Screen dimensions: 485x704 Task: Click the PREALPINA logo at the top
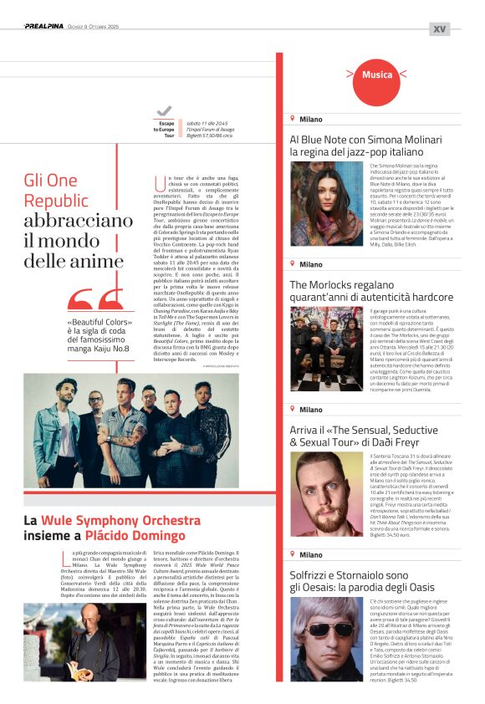coord(46,27)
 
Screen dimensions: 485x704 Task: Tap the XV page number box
coord(439,28)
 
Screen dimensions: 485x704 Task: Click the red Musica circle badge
coord(377,75)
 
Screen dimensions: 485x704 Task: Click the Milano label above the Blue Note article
coord(310,120)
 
